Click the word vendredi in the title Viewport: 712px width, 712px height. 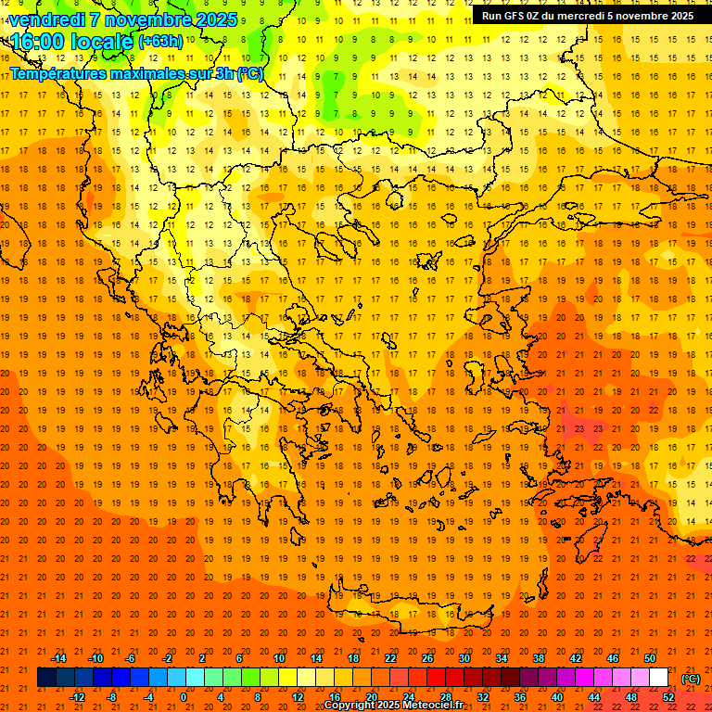[x=51, y=19]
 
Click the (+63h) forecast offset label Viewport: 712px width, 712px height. [x=160, y=42]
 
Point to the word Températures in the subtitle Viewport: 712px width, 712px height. [x=65, y=73]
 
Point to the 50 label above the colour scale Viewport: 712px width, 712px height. [x=650, y=658]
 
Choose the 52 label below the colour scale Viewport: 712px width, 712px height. [x=668, y=697]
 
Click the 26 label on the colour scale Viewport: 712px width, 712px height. [x=427, y=658]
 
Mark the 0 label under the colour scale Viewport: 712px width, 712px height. [x=183, y=697]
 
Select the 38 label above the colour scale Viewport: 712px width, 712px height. [x=539, y=658]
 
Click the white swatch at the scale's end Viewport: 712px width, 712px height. [x=659, y=678]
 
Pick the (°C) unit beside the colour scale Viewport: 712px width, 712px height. [x=691, y=679]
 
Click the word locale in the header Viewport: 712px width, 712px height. [x=100, y=42]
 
